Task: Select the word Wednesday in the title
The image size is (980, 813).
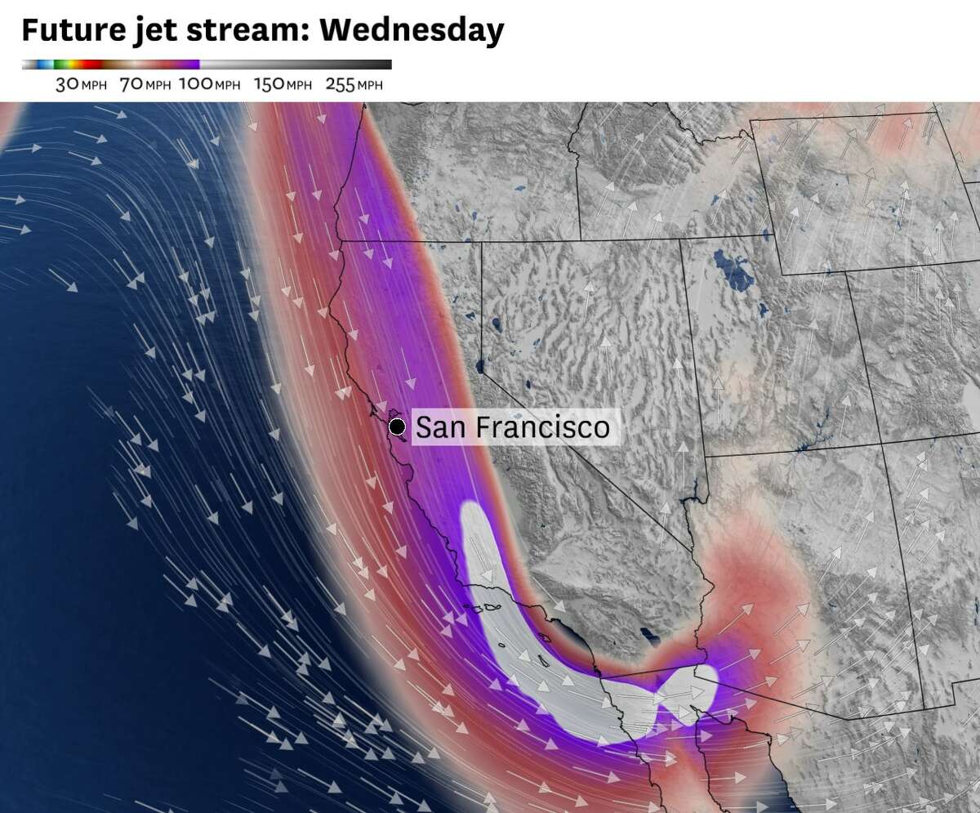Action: [412, 30]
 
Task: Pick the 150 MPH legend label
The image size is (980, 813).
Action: [283, 84]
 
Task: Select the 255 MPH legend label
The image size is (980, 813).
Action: [354, 84]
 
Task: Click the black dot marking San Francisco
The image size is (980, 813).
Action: [398, 427]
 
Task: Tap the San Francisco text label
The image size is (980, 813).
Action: [513, 427]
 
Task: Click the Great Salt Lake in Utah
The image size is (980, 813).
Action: [733, 270]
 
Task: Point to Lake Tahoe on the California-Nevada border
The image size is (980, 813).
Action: [479, 365]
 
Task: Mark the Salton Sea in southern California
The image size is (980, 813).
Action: [651, 635]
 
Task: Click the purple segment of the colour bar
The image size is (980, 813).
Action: [186, 65]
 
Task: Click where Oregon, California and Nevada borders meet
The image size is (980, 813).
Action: [481, 242]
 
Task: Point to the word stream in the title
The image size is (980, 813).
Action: [232, 30]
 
